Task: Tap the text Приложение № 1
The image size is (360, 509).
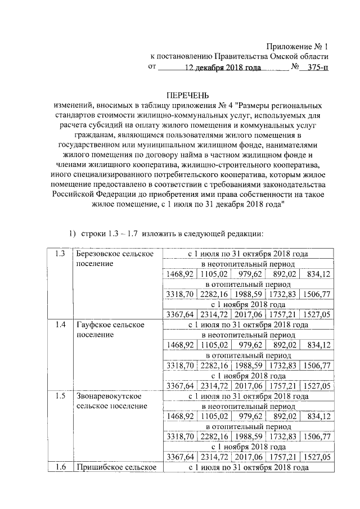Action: pyautogui.click(x=297, y=46)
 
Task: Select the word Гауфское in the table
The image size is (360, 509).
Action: pyautogui.click(x=93, y=325)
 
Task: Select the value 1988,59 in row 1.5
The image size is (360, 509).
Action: pyautogui.click(x=247, y=436)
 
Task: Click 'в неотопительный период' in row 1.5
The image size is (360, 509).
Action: pyautogui.click(x=248, y=406)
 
